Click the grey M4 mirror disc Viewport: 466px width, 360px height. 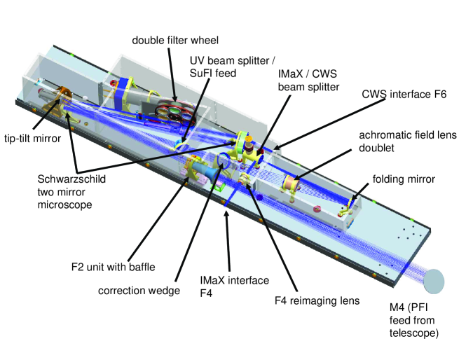point(434,281)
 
